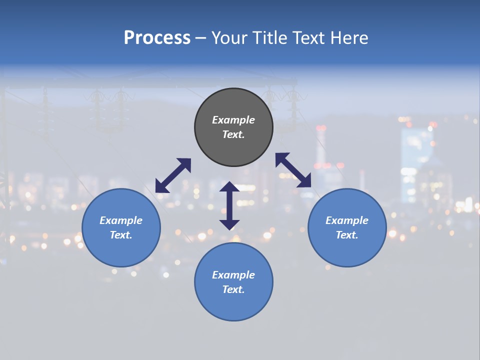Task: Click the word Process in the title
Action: point(157,38)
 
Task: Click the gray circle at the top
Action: point(233,105)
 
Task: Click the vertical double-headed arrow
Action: point(229,205)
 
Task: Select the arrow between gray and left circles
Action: point(173,175)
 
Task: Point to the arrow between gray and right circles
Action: point(293,170)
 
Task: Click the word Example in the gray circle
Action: point(233,120)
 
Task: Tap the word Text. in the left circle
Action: point(121,235)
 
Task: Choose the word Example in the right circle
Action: point(347,220)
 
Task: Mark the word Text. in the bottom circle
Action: point(233,289)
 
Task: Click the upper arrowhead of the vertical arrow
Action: point(229,187)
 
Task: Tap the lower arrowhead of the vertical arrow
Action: point(229,224)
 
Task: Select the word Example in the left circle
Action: point(121,220)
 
